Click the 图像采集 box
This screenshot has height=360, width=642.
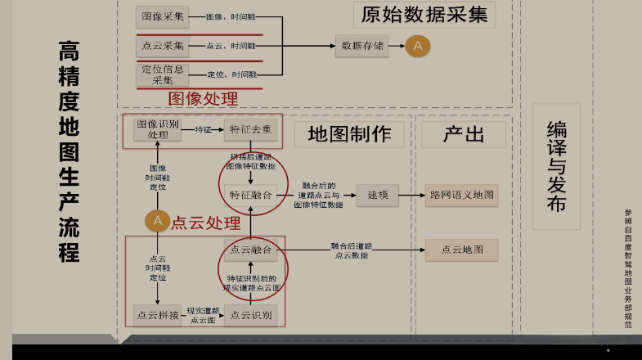pos(162,16)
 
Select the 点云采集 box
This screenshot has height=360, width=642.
pos(162,46)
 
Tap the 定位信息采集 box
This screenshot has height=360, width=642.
pos(162,74)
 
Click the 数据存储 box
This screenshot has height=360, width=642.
pos(361,46)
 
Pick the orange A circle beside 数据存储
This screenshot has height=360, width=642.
pos(417,46)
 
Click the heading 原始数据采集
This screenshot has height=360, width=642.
pos(424,16)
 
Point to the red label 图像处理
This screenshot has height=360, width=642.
pos(203,99)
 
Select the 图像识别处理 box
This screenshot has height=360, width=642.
pos(158,129)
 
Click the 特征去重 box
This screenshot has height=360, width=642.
pos(251,129)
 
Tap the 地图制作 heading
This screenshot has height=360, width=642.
pos(349,135)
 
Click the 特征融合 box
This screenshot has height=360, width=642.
pos(251,195)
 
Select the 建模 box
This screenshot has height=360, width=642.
pos(377,195)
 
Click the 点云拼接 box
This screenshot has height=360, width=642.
pos(157,315)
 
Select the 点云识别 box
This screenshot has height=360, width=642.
pos(251,315)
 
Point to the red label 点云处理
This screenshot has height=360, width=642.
pos(205,223)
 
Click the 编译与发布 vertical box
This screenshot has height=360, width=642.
pos(556,166)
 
